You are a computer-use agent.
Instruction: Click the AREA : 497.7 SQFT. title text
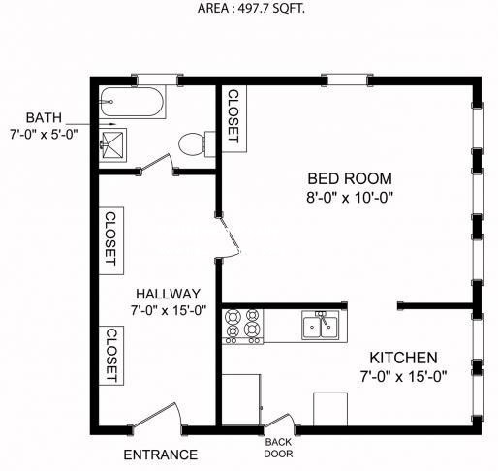click(x=251, y=8)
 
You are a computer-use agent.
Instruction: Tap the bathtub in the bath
click(x=132, y=102)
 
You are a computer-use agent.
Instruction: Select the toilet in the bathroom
click(x=197, y=144)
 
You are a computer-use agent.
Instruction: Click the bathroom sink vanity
click(x=112, y=145)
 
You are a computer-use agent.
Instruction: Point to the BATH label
click(x=44, y=117)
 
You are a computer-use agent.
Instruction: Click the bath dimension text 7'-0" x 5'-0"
click(x=44, y=134)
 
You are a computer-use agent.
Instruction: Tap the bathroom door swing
click(x=155, y=164)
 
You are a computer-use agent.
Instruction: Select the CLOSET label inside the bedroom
click(x=233, y=116)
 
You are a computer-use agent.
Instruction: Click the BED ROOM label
click(x=350, y=178)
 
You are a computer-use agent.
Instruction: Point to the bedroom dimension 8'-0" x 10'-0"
click(x=350, y=197)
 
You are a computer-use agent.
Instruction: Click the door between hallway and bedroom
click(x=229, y=237)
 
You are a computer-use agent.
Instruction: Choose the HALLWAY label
click(x=168, y=294)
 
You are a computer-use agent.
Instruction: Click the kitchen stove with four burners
click(x=243, y=327)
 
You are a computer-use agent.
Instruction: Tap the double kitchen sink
click(x=321, y=326)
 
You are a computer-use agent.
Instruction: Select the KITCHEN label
click(x=403, y=358)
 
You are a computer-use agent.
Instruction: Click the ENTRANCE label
click(x=161, y=455)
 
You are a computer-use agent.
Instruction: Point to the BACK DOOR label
click(x=278, y=448)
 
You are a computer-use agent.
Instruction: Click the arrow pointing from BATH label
click(x=91, y=124)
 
